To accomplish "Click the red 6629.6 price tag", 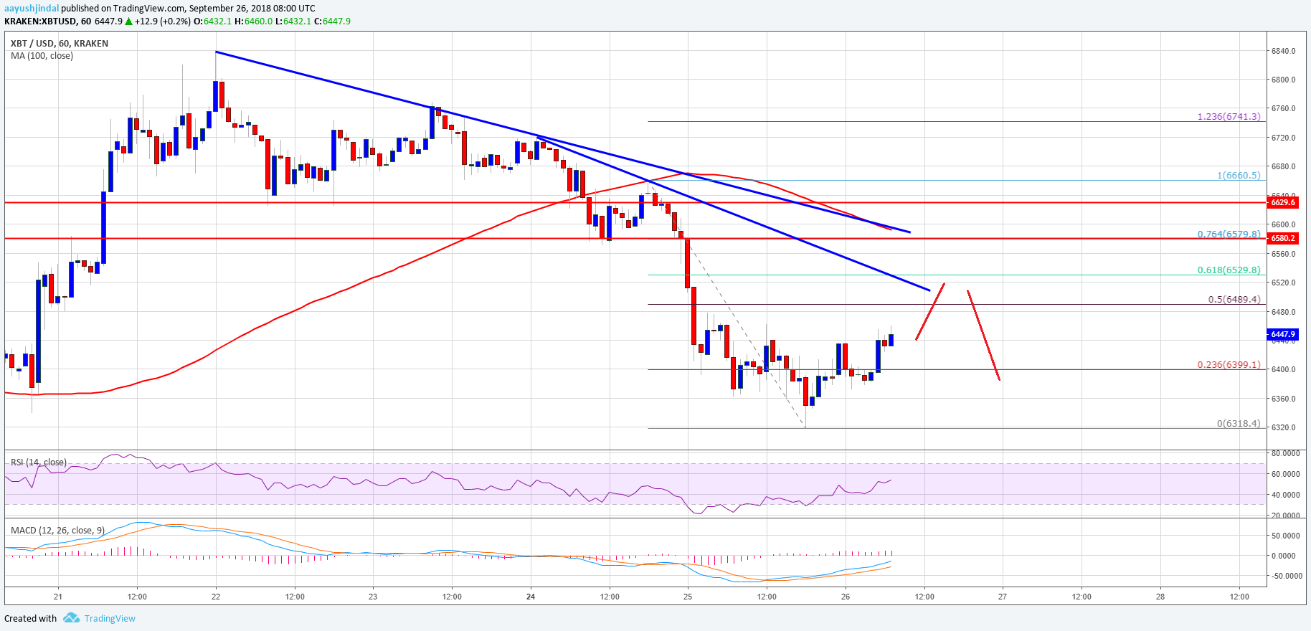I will click(x=1282, y=202).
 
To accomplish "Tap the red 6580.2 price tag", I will click(x=1282, y=238).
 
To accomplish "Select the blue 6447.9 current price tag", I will click(x=1282, y=334).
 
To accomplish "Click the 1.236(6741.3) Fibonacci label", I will click(x=1229, y=116).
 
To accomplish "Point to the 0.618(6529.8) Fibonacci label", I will click(x=1229, y=270).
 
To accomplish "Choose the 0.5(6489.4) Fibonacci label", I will click(x=1234, y=300).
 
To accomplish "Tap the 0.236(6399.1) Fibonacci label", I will click(x=1229, y=365).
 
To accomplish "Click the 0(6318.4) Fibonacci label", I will click(x=1238, y=423).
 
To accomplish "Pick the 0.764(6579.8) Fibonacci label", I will click(x=1229, y=234).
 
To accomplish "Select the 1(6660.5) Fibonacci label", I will click(x=1238, y=175).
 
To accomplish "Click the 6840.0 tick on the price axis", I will click(x=1283, y=51).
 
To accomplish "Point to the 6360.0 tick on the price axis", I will click(x=1283, y=399).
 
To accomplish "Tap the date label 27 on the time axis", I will click(x=1003, y=597).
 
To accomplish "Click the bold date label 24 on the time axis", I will click(x=531, y=597).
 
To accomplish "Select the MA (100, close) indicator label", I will click(x=42, y=56).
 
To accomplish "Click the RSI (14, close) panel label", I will click(x=39, y=462).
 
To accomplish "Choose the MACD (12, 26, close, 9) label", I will click(x=57, y=531).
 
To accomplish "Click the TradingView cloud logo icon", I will click(x=70, y=618).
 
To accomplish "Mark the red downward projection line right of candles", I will click(x=983, y=335).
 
